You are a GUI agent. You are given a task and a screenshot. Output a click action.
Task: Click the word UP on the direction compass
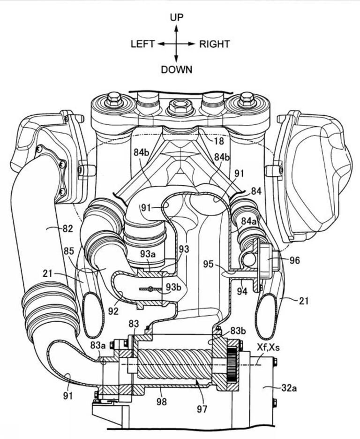pyautogui.click(x=176, y=17)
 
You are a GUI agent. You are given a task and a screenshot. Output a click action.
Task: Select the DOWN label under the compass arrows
pyautogui.click(x=176, y=70)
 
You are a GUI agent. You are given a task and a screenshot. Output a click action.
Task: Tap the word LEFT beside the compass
pyautogui.click(x=143, y=44)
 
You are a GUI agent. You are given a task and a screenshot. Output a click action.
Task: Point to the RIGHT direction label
pyautogui.click(x=215, y=44)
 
